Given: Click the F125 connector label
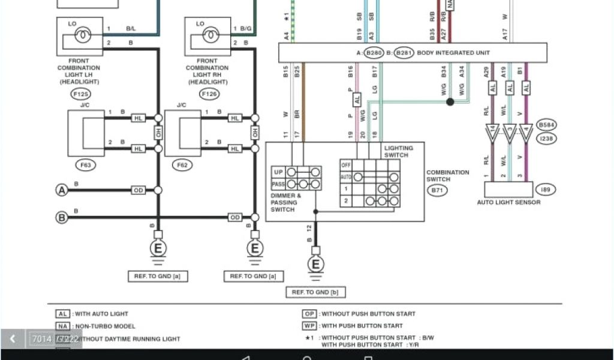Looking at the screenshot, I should [x=79, y=94].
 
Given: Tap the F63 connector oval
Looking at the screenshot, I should [x=88, y=164].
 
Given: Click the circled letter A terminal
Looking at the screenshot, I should [x=61, y=190].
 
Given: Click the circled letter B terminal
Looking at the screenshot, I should [x=61, y=217].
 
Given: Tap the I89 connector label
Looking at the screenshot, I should [x=544, y=190].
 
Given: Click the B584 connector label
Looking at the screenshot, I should [x=546, y=124].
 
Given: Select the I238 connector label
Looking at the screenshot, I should [x=546, y=138].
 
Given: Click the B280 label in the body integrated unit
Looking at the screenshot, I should [x=374, y=53].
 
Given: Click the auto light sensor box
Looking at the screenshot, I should [x=508, y=190].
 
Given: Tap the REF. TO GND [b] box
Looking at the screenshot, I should [x=315, y=292].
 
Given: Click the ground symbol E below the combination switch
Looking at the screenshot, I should [x=315, y=264].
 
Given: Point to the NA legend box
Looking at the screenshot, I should [x=63, y=326].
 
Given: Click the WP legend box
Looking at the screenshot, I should [x=309, y=326].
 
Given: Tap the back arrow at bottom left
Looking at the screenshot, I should [x=12, y=339].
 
